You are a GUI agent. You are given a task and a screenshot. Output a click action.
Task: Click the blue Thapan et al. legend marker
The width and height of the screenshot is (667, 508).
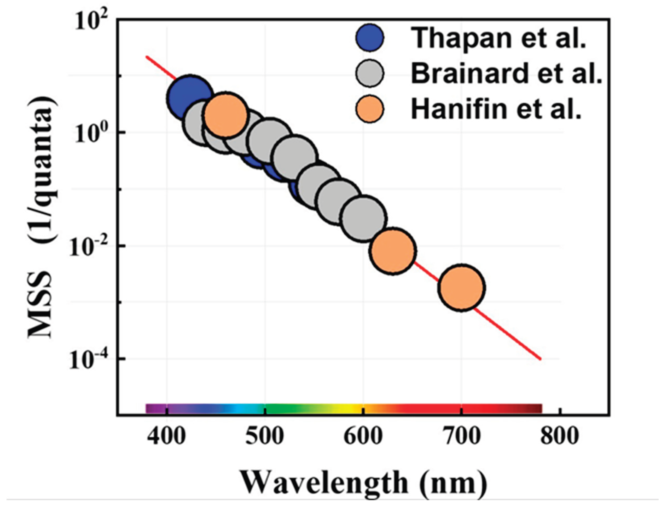pyautogui.click(x=370, y=38)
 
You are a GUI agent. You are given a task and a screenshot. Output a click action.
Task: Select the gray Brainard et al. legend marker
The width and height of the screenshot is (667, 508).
pyautogui.click(x=370, y=73)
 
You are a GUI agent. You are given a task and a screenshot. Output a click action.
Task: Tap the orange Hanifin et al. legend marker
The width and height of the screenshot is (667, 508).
pyautogui.click(x=370, y=109)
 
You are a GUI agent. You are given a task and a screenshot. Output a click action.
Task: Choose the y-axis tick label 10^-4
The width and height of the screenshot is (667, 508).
pyautogui.click(x=87, y=361)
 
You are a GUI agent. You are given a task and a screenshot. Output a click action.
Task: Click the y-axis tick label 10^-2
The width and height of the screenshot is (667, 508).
pyautogui.click(x=87, y=247)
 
